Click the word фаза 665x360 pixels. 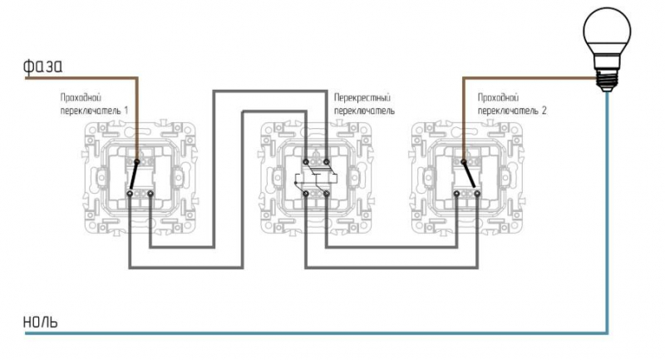[43, 66]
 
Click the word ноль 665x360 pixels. [40, 322]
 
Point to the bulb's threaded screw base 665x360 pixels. [607, 79]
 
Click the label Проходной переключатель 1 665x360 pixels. [94, 104]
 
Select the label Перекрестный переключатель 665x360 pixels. [364, 104]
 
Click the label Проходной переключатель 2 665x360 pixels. [512, 104]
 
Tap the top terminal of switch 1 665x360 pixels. [137, 161]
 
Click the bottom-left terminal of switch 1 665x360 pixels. [130, 194]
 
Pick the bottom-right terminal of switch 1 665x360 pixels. [150, 194]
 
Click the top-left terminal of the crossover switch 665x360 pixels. [306, 161]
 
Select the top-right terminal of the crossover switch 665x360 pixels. [326, 161]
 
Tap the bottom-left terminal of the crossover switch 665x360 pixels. [306, 194]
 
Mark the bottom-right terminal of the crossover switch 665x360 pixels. [326, 194]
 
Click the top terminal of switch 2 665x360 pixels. [464, 161]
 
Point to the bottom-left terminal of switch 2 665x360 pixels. [456, 194]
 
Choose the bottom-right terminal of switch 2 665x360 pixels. [477, 194]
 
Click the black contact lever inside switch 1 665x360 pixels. [134, 176]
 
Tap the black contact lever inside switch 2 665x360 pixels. [469, 175]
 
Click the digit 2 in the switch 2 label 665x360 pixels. [544, 111]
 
